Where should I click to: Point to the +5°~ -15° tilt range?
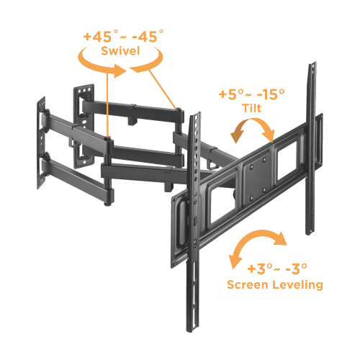pos(251,94)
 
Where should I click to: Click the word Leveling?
pos(302,285)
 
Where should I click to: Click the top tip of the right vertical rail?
pos(313,67)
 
